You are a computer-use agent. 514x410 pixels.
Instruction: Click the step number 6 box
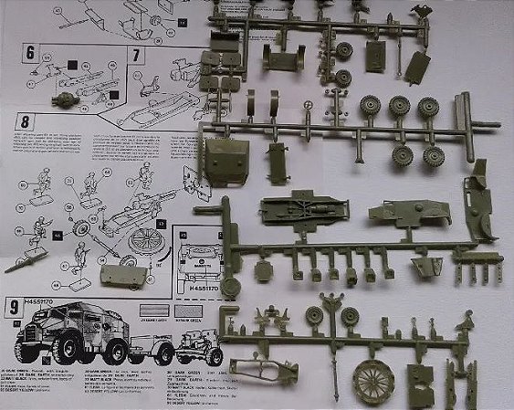(30, 53)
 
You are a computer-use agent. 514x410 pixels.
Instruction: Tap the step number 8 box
(25, 120)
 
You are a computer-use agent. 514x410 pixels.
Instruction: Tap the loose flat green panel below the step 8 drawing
(121, 273)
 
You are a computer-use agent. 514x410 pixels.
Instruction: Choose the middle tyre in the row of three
(399, 108)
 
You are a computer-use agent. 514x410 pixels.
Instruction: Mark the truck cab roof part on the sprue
(225, 161)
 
